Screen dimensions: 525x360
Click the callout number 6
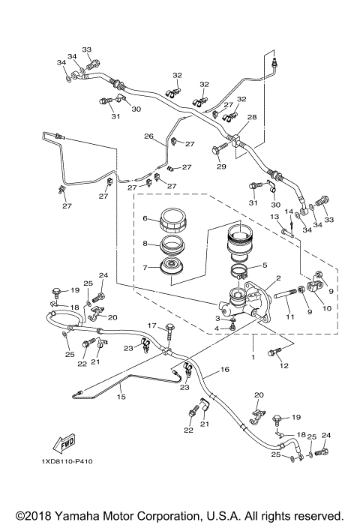pos(147,218)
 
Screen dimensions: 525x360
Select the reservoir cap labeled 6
pos(175,222)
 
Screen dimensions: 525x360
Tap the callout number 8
pos(147,244)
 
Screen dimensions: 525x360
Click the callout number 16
pos(223,370)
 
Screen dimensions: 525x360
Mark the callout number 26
pos(148,136)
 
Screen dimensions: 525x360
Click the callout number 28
pos(252,117)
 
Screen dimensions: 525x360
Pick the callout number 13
pos(274,217)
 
